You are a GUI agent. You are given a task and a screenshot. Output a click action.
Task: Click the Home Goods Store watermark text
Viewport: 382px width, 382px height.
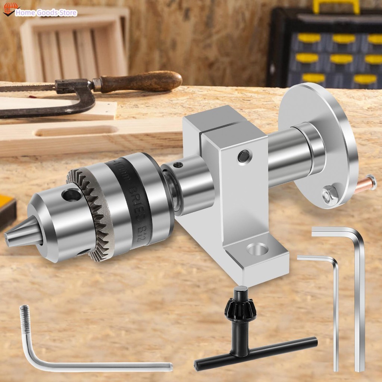click(46, 13)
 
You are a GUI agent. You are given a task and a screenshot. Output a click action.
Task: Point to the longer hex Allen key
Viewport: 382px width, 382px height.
click(358, 291)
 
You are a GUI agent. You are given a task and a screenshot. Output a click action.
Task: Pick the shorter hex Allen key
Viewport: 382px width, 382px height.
click(334, 298)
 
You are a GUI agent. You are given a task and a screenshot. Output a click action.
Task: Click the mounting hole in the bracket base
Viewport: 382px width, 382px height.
click(257, 248)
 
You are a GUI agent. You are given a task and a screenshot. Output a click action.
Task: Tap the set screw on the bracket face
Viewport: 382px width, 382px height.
click(244, 156)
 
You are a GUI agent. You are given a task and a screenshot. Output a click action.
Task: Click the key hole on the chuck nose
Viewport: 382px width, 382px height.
click(72, 194)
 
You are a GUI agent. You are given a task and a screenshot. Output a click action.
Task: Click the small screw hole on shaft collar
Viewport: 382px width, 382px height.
click(178, 165)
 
